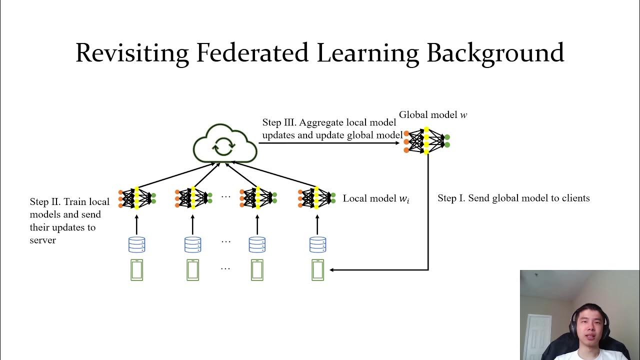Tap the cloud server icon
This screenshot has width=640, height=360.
pyautogui.click(x=225, y=142)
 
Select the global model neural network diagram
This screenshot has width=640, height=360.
pyautogui.click(x=426, y=140)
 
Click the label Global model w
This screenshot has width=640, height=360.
pyautogui.click(x=433, y=115)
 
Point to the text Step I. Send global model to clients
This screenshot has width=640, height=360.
pyautogui.click(x=513, y=198)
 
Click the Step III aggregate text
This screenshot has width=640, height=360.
pyautogui.click(x=332, y=128)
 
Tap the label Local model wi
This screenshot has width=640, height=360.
pyautogui.click(x=376, y=198)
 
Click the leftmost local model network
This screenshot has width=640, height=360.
pyautogui.click(x=137, y=198)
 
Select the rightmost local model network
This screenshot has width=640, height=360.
pyautogui.click(x=316, y=198)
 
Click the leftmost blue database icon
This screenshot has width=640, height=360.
pyautogui.click(x=136, y=244)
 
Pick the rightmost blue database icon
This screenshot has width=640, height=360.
pyautogui.click(x=317, y=244)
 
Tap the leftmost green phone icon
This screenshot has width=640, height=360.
pyautogui.click(x=136, y=270)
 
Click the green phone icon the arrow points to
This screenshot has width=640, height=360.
pyautogui.click(x=317, y=270)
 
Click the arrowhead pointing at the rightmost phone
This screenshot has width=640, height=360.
pyautogui.click(x=332, y=270)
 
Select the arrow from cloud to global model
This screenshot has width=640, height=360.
pyautogui.click(x=330, y=143)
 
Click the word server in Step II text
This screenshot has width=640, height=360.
pyautogui.click(x=43, y=240)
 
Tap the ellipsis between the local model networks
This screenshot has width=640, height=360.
pyautogui.click(x=225, y=196)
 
